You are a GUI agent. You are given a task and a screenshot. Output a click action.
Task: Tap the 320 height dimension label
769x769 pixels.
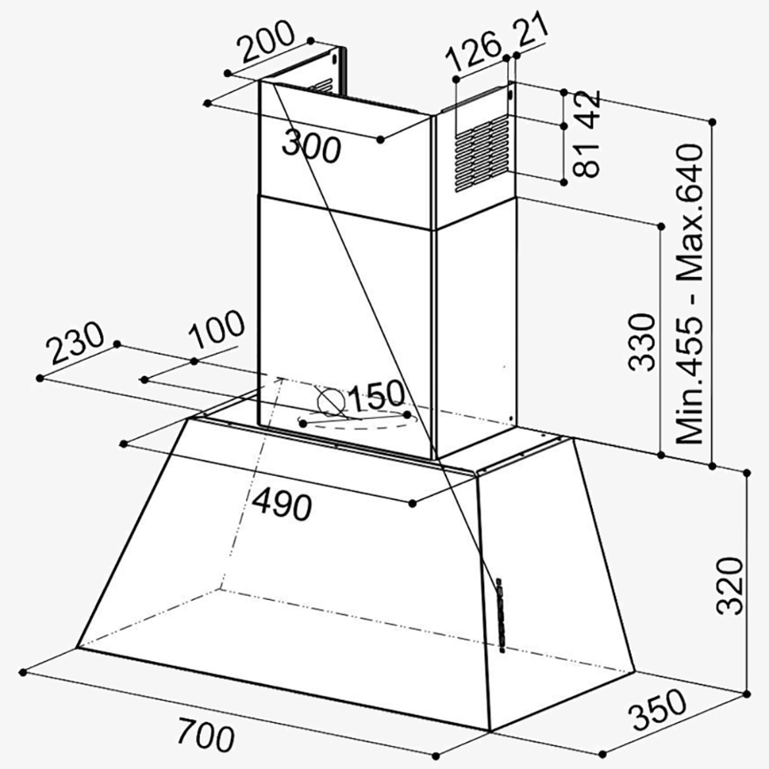click(731, 586)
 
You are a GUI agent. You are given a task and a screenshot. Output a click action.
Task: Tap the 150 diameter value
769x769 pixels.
click(376, 396)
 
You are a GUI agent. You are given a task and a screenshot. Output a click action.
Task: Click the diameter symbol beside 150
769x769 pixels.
click(330, 401)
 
